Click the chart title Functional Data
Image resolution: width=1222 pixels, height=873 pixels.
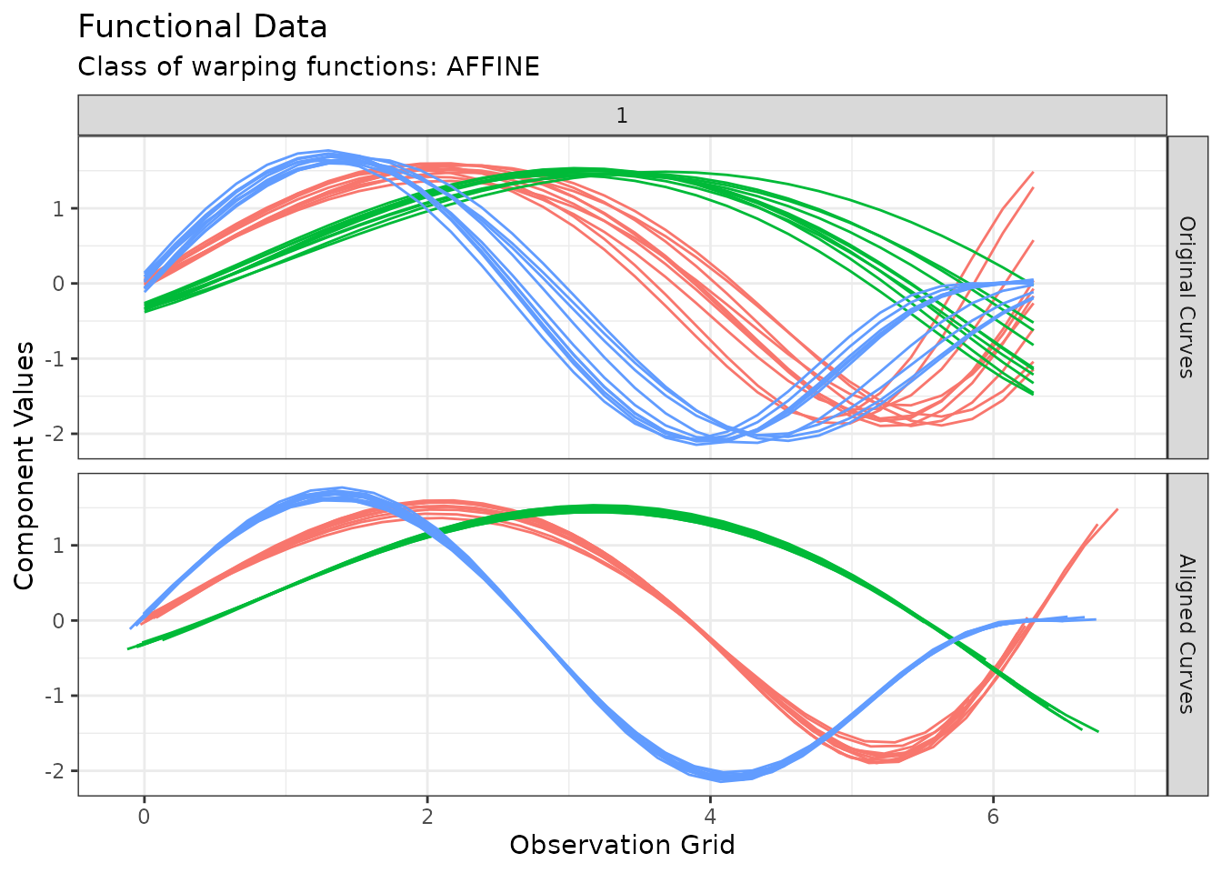203,27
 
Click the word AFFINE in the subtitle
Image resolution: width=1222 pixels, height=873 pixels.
493,67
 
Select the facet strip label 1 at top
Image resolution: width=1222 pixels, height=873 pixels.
622,115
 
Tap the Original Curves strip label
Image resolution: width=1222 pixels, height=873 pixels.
1187,296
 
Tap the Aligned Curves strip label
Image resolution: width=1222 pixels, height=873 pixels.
1187,634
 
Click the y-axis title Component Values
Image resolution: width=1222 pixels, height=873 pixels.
25,465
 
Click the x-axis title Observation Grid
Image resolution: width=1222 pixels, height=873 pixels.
622,846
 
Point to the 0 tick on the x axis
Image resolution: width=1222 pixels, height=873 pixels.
144,817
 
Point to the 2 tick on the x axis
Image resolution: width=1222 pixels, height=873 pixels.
426,817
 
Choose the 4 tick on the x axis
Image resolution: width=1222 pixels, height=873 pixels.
709,817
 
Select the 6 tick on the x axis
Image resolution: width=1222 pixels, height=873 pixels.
992,817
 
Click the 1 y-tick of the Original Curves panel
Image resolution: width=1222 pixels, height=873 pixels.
58,209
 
